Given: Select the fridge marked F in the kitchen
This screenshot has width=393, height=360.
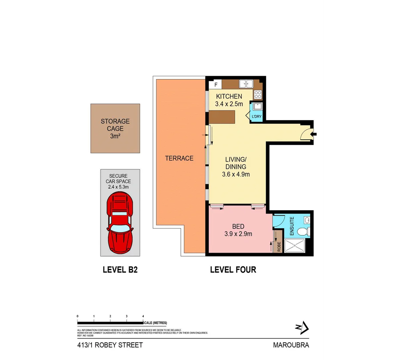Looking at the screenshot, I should coord(216,85).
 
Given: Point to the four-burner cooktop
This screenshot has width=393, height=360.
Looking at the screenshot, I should coord(258,94).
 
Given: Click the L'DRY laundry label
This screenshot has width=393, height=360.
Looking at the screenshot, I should coord(257,117).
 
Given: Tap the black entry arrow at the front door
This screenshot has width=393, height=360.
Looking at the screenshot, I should coord(314,134).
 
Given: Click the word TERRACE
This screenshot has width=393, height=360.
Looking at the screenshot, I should coord(179,158).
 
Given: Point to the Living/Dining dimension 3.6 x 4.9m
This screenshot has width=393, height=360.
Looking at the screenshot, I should coord(236,174).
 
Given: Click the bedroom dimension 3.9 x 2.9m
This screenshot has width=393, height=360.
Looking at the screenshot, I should coord(238,234).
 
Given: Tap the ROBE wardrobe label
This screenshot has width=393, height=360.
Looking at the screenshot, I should coord(279,247).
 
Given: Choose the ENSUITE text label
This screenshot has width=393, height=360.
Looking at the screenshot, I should coord(292,226).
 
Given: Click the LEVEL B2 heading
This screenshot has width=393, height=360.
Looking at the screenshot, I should coord(120,270).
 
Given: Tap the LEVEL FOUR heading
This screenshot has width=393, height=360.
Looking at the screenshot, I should coord(233,270).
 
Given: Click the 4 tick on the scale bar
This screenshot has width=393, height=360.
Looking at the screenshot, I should coord(143,316).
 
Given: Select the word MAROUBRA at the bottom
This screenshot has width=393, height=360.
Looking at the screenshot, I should coord(291,345).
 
